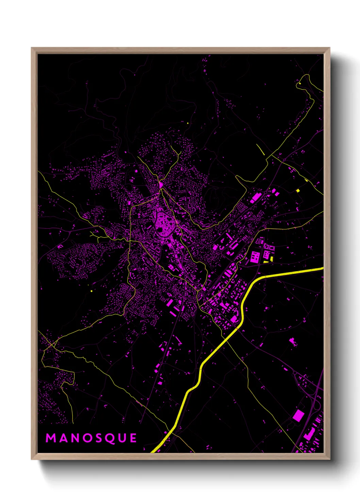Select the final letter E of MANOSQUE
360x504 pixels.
(133, 438)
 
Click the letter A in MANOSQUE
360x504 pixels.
(63, 438)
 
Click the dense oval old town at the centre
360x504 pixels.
(165, 224)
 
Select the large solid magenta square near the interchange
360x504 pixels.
(298, 415)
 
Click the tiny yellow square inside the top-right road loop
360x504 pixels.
(300, 83)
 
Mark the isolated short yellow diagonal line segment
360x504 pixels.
(260, 149)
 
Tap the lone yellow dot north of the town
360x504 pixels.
(188, 123)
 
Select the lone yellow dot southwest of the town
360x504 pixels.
(92, 291)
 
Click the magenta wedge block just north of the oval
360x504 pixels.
(161, 185)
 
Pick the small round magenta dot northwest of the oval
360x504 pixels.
(136, 171)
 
